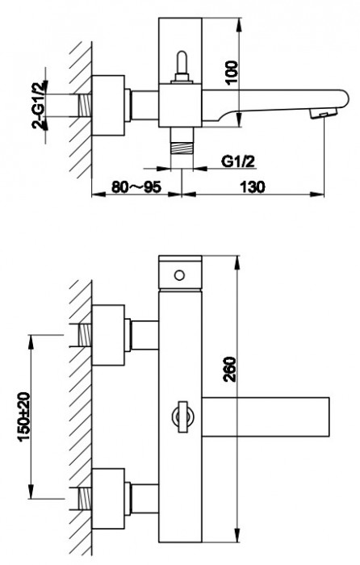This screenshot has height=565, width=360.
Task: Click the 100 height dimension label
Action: click(232, 73)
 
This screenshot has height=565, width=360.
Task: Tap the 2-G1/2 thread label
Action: click(40, 106)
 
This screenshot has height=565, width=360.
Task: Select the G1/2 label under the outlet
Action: click(238, 161)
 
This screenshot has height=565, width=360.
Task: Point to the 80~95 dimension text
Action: click(136, 187)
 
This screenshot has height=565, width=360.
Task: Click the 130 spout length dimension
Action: click(253, 187)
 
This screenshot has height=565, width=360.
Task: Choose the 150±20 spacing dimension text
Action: click(25, 417)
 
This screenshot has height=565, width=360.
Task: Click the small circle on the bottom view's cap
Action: click(179, 275)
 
